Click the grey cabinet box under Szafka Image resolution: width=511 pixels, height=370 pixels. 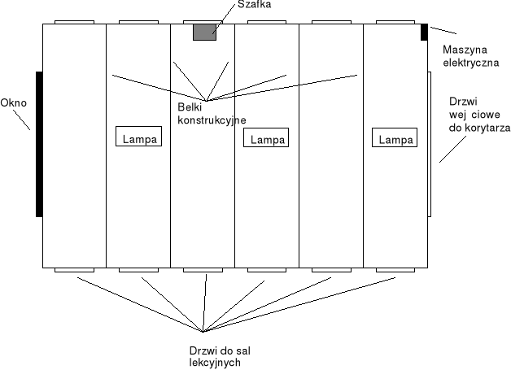[x=204, y=33]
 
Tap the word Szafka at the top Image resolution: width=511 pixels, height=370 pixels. [x=254, y=6]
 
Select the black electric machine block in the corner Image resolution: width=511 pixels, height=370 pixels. [x=424, y=33]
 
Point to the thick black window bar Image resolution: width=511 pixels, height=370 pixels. [x=39, y=144]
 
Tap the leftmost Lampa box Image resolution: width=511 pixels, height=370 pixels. [x=138, y=138]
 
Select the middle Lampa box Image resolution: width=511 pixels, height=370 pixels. [x=267, y=139]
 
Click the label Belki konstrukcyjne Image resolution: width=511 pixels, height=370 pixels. [x=211, y=113]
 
